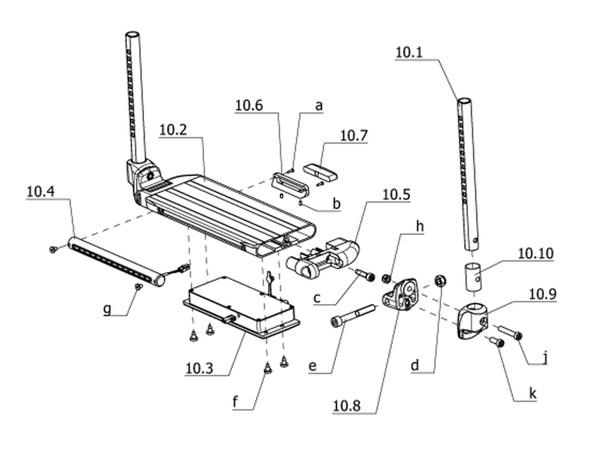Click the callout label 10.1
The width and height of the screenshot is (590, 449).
coord(409,52)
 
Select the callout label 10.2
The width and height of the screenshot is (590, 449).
coord(173,130)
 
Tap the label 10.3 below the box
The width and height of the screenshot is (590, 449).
coord(200,368)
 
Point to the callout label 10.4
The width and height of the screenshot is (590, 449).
coord(41,191)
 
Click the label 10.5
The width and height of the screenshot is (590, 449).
coord(396,194)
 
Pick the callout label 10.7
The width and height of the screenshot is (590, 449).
coord(353,136)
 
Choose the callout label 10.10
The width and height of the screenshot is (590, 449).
coord(536,253)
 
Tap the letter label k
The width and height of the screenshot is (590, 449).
coord(533,393)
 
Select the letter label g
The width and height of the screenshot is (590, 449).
coord(107,309)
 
